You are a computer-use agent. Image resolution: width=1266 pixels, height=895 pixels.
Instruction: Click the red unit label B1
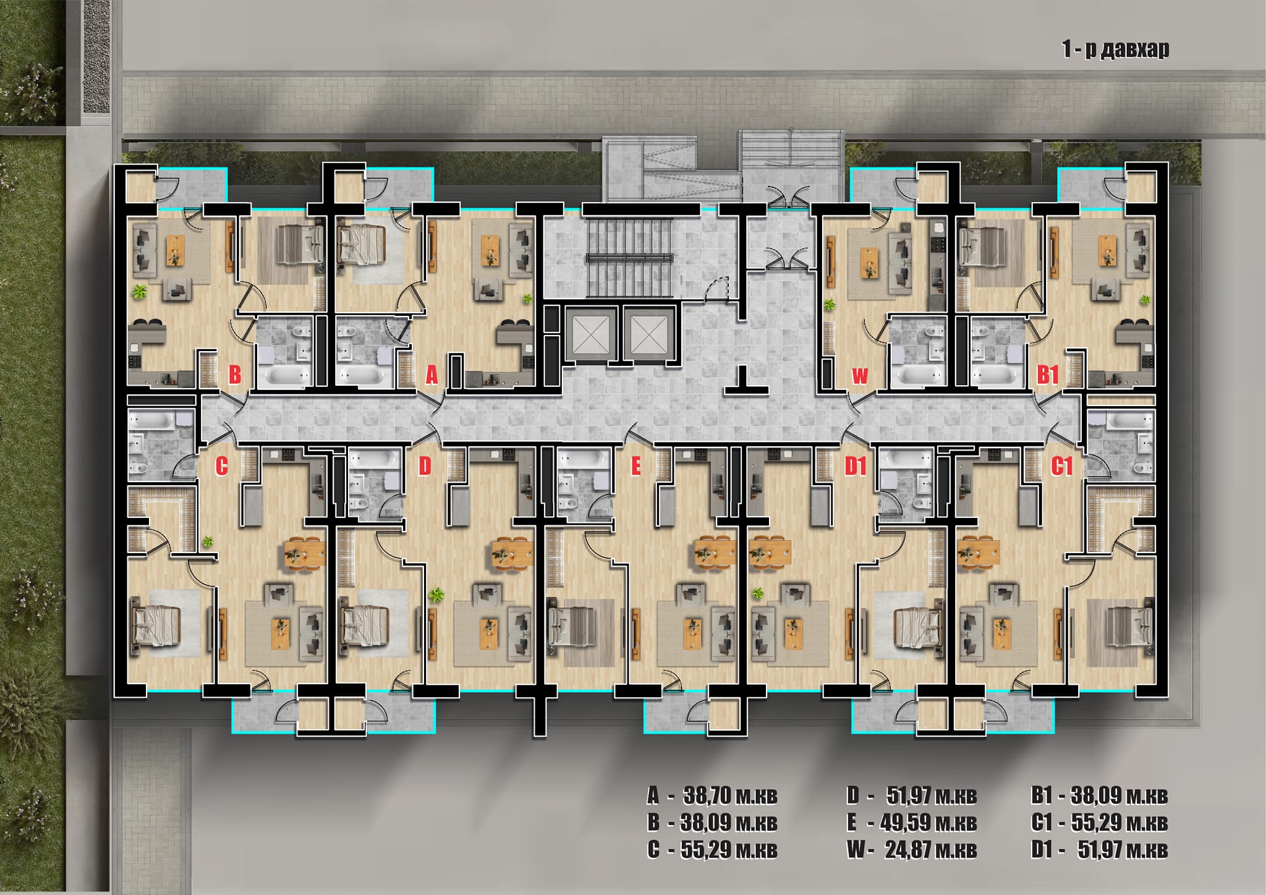coord(1048,375)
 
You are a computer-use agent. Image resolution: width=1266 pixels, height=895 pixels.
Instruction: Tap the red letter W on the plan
coord(860,376)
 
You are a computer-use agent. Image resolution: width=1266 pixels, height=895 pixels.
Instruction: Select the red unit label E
coord(635,467)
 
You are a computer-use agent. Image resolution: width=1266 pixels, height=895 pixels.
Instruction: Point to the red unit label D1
coord(856,467)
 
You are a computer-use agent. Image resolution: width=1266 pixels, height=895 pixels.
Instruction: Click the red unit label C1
coord(1061,467)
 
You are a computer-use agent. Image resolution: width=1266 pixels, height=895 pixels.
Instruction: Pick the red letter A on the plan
coord(431,375)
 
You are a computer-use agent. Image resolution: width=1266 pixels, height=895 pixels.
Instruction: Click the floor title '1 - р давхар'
coord(1116,49)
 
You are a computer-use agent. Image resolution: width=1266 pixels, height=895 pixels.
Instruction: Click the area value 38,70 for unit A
coord(707,795)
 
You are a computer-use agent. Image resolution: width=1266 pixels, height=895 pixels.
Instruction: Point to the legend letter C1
coord(1042,823)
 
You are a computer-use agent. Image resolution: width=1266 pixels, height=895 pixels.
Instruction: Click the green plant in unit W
coord(829,303)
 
